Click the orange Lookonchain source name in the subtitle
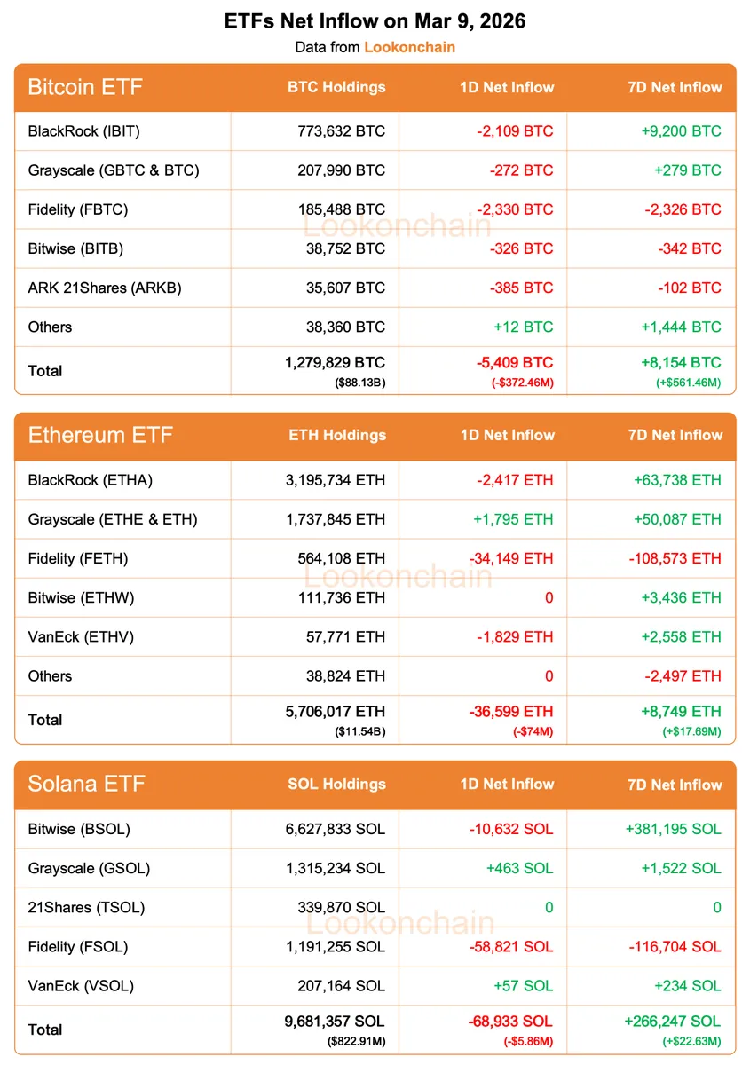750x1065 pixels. tap(409, 47)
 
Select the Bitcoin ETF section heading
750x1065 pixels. tap(85, 87)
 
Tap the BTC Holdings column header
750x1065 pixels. tap(336, 87)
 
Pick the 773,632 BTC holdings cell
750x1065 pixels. tap(342, 131)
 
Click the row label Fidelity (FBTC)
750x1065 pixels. tap(78, 209)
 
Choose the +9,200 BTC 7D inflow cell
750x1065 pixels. tap(681, 131)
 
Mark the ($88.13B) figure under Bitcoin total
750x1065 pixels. tap(359, 383)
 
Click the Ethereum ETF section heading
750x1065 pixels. tap(100, 435)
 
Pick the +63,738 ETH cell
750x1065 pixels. tap(677, 480)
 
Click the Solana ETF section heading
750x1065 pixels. tap(86, 784)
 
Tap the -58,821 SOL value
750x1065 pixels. tap(511, 946)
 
